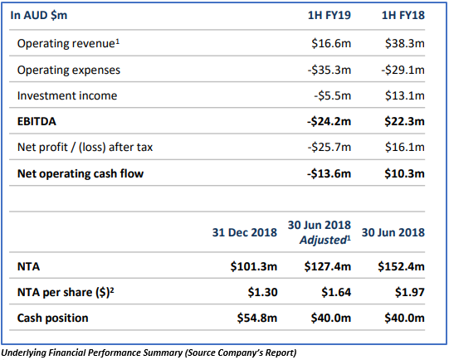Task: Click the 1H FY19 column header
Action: (x=329, y=15)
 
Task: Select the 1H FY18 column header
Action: (x=403, y=15)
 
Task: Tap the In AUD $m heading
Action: (x=39, y=15)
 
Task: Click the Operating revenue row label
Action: (x=68, y=43)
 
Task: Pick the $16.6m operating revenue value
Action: (x=331, y=43)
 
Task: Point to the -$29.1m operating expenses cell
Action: (x=403, y=70)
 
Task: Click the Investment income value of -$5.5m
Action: (x=333, y=95)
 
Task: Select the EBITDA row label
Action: (x=37, y=121)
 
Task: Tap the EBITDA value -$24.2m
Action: (x=329, y=121)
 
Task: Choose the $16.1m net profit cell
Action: (x=405, y=147)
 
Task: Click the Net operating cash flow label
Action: (x=81, y=173)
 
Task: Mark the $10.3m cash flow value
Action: (x=405, y=173)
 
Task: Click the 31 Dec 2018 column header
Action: (x=245, y=232)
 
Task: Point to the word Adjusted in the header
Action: (x=323, y=240)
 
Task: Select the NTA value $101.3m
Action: (x=254, y=267)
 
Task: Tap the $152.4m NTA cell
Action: (x=401, y=267)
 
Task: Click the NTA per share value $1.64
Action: (x=336, y=292)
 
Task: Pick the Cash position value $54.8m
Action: (x=257, y=318)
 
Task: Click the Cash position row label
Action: (x=52, y=318)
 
